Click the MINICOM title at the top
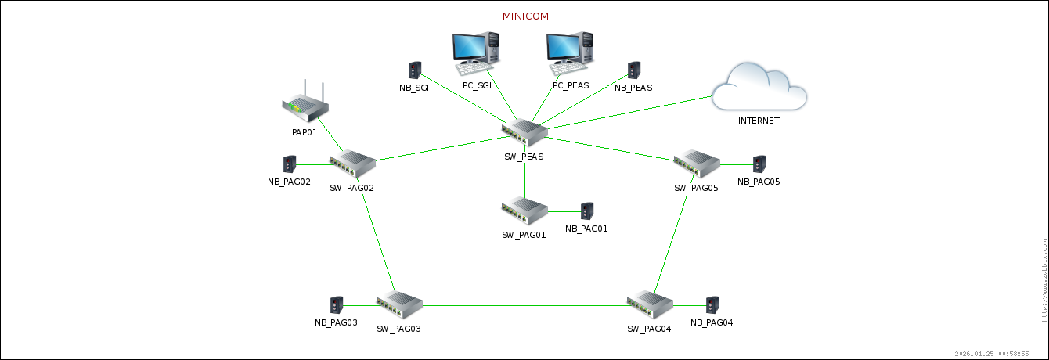(525, 16)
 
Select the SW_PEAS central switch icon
(524, 133)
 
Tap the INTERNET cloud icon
(759, 88)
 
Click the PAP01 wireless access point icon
(305, 103)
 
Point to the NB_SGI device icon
(415, 70)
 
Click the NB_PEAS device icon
(634, 70)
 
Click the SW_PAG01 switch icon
(524, 211)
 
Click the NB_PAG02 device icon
(290, 164)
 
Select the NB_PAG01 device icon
(587, 211)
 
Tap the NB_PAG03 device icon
(337, 305)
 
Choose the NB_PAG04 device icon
(712, 305)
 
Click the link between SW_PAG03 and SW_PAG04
(524, 305)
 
